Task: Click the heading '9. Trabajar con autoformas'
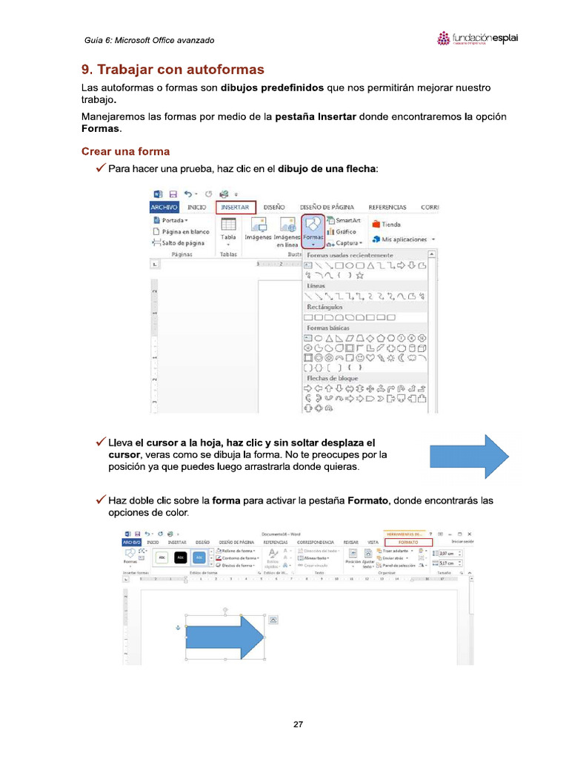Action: coord(172,70)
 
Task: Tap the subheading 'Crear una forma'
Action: coord(125,151)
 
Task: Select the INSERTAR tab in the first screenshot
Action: coord(236,208)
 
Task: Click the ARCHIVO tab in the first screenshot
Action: coord(165,208)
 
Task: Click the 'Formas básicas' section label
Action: coord(328,327)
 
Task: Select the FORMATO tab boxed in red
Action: coord(408,543)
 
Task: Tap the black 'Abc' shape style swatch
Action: coord(180,557)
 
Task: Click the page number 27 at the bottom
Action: coord(298,724)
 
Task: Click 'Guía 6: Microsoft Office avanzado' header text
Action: coord(149,39)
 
